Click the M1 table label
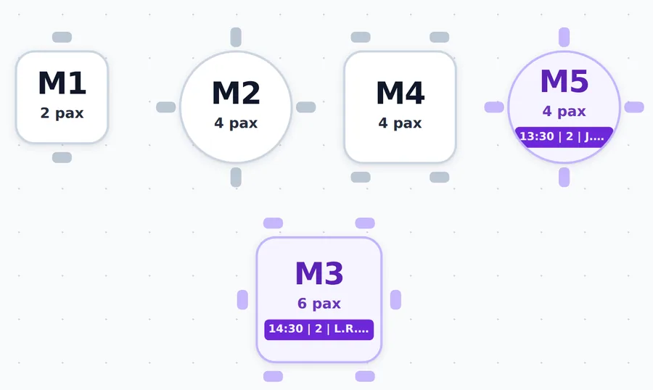click(x=62, y=83)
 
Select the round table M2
click(x=236, y=107)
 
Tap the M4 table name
click(x=401, y=93)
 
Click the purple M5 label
click(x=564, y=81)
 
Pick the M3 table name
click(x=319, y=273)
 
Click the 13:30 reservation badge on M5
click(x=564, y=137)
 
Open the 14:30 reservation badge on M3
click(x=319, y=329)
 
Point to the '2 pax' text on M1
click(x=62, y=113)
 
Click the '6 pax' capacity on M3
click(x=319, y=304)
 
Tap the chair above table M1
click(x=62, y=37)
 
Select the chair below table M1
click(x=62, y=157)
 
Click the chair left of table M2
click(x=165, y=107)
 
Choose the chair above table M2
click(x=236, y=37)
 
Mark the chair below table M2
click(x=236, y=178)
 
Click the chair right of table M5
click(x=634, y=107)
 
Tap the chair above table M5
click(x=564, y=37)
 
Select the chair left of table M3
click(x=242, y=299)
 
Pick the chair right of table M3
click(x=395, y=299)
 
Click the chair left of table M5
click(x=494, y=107)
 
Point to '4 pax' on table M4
click(x=401, y=123)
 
